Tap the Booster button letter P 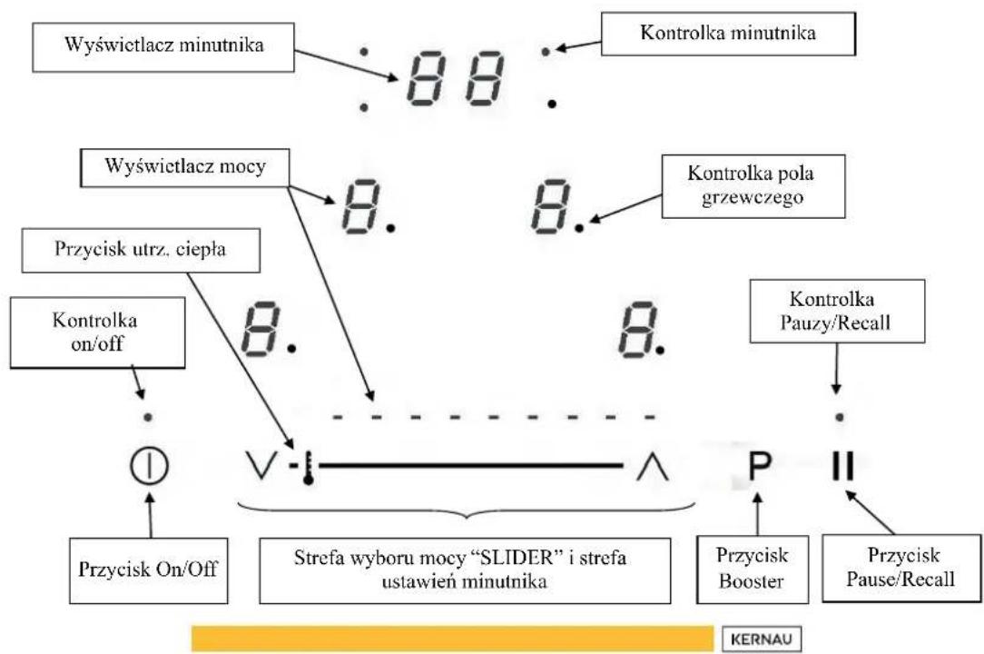click(760, 466)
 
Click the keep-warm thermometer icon click(308, 467)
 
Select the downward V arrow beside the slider click(261, 466)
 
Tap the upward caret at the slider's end click(653, 466)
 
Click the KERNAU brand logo click(762, 639)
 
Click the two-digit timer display click(456, 78)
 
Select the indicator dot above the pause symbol click(840, 417)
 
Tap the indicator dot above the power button click(148, 417)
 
